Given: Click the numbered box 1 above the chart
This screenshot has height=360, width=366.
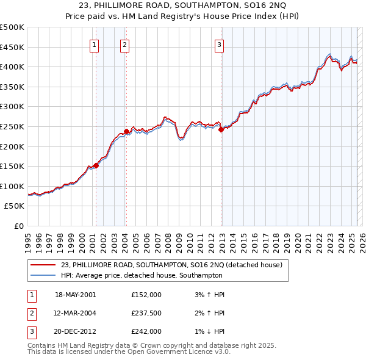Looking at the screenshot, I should (x=95, y=44).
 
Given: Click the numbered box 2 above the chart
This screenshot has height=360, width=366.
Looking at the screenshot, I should (x=124, y=44).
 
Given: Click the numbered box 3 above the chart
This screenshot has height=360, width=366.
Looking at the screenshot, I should (x=219, y=44).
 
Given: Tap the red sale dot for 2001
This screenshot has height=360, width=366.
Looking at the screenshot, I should (x=96, y=166).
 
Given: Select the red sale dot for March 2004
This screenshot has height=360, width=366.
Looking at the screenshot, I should (x=126, y=131).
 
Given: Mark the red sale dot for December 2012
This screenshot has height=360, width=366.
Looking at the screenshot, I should (x=221, y=129).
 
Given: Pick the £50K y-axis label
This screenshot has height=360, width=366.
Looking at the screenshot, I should (x=15, y=206).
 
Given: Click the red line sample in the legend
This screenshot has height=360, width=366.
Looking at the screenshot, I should (x=43, y=265).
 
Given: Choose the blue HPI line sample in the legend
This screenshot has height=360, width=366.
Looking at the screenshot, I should (x=43, y=275).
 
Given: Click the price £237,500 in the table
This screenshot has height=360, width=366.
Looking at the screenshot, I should (x=146, y=313).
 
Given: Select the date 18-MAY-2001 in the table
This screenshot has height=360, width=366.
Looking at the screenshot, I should (x=76, y=295).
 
